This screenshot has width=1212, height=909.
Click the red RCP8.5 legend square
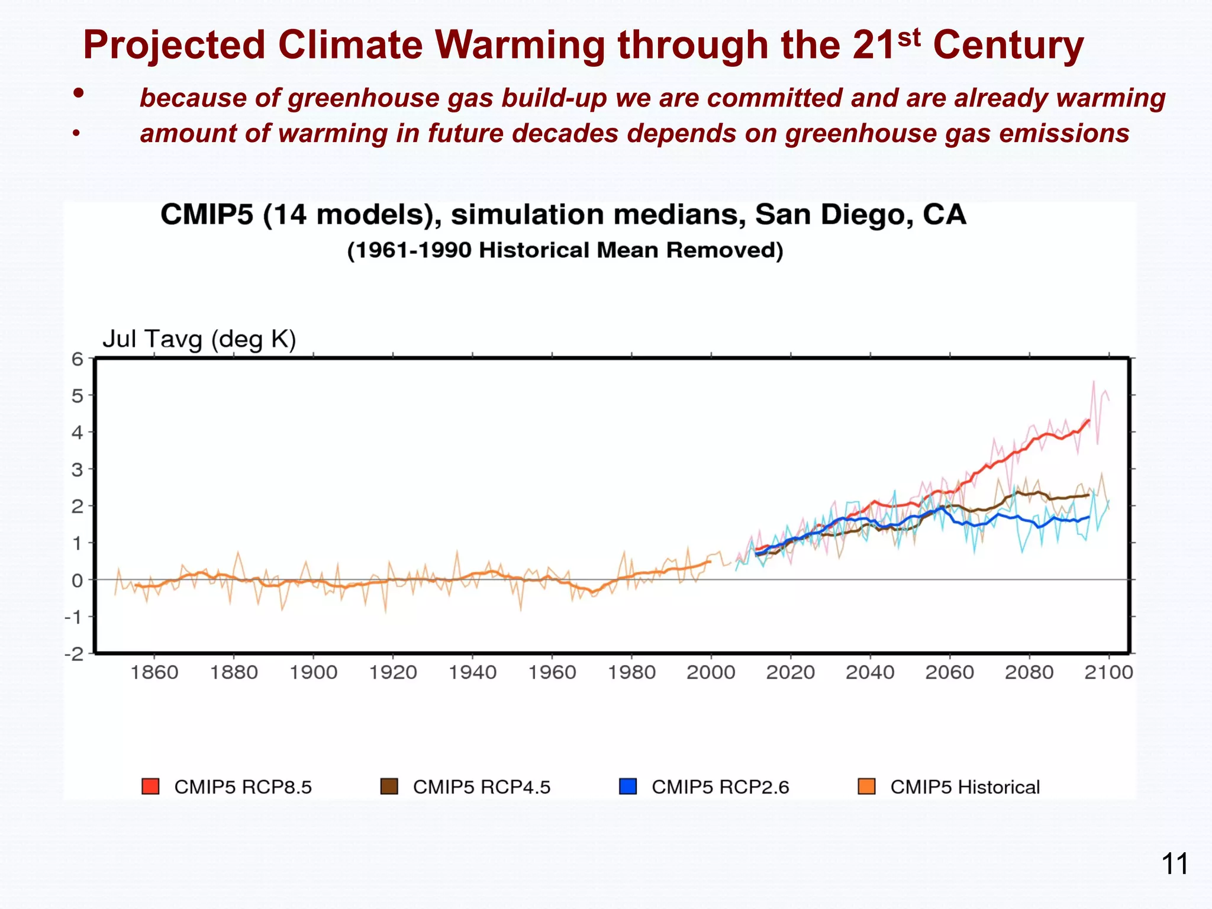click(x=151, y=786)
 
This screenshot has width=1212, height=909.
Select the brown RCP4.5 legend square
click(x=389, y=786)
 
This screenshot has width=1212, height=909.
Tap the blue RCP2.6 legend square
click(x=627, y=786)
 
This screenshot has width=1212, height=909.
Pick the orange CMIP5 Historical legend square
click(x=866, y=786)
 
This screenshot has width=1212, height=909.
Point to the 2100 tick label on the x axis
click(x=1108, y=672)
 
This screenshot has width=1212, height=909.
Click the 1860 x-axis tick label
click(x=154, y=672)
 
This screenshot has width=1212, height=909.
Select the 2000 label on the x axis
click(x=711, y=672)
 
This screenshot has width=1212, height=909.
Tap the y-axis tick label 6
click(x=78, y=359)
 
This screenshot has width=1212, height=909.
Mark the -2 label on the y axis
click(x=75, y=654)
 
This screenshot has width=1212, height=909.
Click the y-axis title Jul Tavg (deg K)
click(x=199, y=339)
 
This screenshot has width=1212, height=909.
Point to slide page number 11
click(x=1175, y=864)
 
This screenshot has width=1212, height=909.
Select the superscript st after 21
click(x=908, y=37)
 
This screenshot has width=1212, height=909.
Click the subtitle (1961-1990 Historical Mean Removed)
click(x=565, y=250)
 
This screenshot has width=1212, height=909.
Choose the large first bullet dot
click(x=78, y=93)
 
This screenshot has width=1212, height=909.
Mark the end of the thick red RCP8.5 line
click(x=1089, y=421)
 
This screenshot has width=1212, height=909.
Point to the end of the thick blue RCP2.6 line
click(x=1088, y=517)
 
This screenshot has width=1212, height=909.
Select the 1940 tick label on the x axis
click(x=472, y=672)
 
